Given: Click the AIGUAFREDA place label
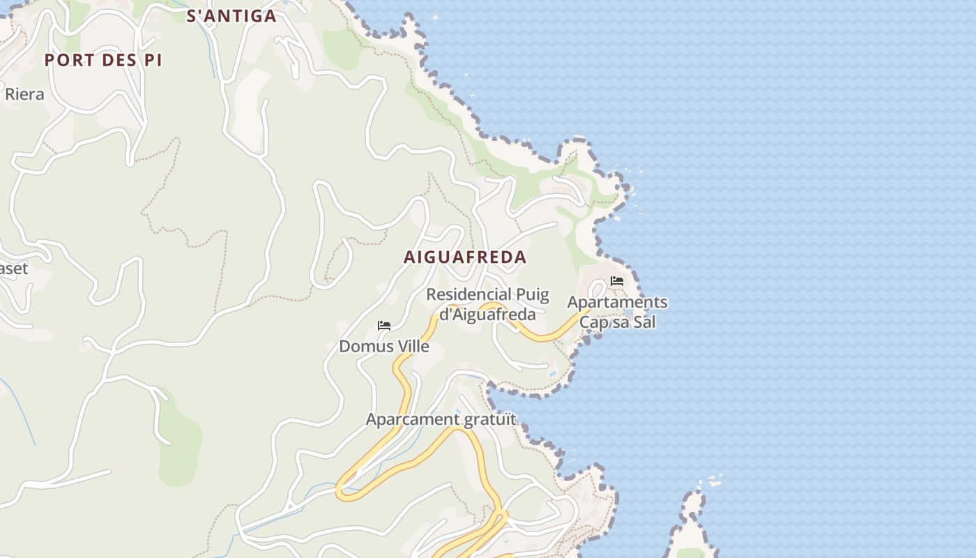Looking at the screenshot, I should pyautogui.click(x=465, y=257).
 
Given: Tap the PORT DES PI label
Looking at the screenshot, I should pyautogui.click(x=103, y=61).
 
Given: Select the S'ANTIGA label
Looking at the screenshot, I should pyautogui.click(x=231, y=16).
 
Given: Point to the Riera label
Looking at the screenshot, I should pyautogui.click(x=24, y=94).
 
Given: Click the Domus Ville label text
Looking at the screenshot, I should pyautogui.click(x=384, y=346).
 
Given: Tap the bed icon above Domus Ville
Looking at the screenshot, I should pyautogui.click(x=383, y=326).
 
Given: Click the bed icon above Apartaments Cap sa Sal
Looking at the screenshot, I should pyautogui.click(x=617, y=281).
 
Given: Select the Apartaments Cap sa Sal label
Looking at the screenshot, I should pyautogui.click(x=617, y=312).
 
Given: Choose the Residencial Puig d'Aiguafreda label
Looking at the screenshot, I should pyautogui.click(x=488, y=304).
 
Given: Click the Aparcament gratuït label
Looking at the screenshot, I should pyautogui.click(x=441, y=419).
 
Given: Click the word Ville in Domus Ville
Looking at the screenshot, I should pyautogui.click(x=413, y=346).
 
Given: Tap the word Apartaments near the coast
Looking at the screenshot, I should pyautogui.click(x=617, y=303).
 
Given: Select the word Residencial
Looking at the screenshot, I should pyautogui.click(x=468, y=295).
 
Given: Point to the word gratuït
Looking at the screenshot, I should pyautogui.click(x=491, y=419).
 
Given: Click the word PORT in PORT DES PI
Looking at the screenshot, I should pyautogui.click(x=68, y=61).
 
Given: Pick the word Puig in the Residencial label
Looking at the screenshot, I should pyautogui.click(x=532, y=295).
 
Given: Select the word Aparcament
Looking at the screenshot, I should pyautogui.click(x=415, y=419).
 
